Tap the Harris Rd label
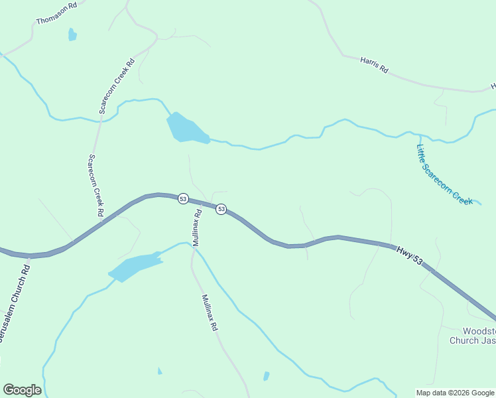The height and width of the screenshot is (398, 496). click(374, 64)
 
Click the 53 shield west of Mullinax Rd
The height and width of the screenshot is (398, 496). click(183, 198)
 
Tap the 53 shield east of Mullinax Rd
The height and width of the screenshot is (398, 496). click(221, 209)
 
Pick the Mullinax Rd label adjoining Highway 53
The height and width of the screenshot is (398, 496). click(197, 228)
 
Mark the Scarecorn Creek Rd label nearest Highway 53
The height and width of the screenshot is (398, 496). click(96, 186)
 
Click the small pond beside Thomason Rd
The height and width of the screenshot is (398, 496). click(72, 34)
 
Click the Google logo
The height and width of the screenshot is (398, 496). click(22, 390)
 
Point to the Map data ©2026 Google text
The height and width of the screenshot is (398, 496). click(455, 393)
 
